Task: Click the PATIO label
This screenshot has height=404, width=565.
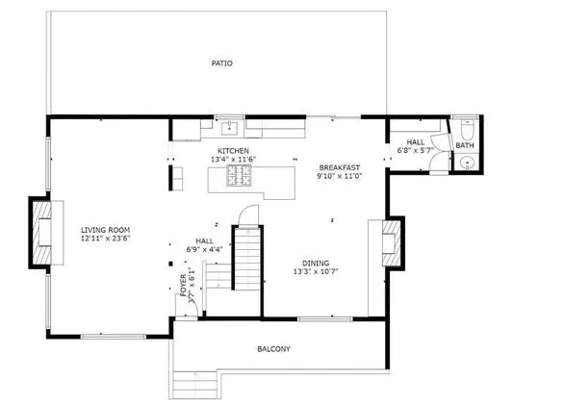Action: tap(221, 63)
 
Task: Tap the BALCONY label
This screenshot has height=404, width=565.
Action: tap(273, 349)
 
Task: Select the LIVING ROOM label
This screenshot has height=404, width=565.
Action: tap(105, 230)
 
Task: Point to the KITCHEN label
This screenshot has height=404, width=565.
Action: tap(233, 151)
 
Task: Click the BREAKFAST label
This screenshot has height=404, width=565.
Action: tap(340, 167)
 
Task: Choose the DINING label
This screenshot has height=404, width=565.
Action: tap(316, 264)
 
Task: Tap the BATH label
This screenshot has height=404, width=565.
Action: tap(465, 145)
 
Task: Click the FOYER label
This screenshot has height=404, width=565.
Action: tap(184, 285)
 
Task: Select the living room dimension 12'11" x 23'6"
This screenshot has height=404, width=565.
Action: tap(105, 238)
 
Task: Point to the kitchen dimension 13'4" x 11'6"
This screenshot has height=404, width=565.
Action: tap(233, 159)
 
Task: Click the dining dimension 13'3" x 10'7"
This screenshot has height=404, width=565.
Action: tap(316, 271)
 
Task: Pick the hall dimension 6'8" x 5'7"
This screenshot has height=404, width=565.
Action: tap(416, 150)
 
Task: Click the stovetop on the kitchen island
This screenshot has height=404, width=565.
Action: tap(239, 176)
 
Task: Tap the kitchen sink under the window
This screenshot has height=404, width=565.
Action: tap(229, 128)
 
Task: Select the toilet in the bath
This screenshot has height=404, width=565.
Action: tap(467, 130)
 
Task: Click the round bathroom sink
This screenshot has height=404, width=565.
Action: tap(468, 164)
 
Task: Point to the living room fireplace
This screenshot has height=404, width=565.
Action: tap(42, 233)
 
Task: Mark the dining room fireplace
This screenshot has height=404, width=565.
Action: tap(392, 243)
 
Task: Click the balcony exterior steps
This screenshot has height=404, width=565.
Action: tap(195, 385)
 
